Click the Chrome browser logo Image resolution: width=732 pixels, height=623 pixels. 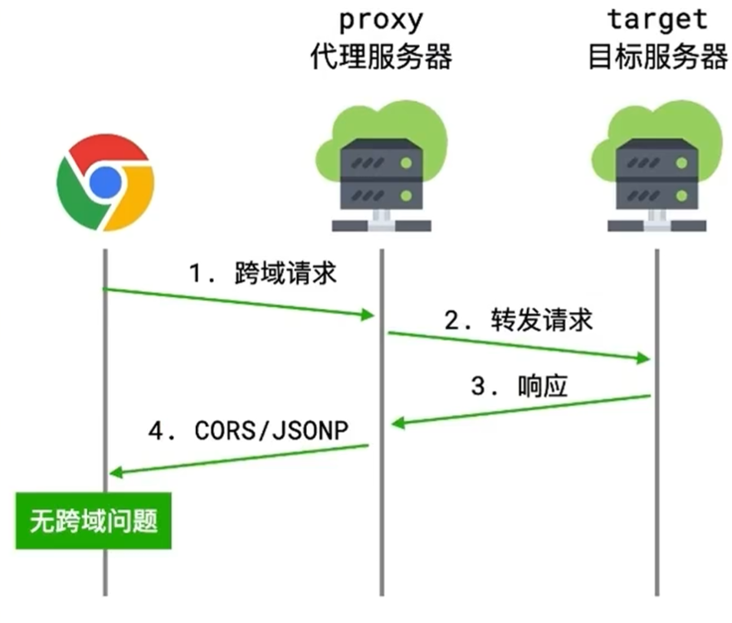(105, 182)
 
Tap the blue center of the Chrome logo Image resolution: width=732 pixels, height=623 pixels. (105, 182)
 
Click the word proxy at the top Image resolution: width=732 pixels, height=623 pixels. (381, 18)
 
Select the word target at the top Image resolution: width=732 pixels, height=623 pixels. (656, 18)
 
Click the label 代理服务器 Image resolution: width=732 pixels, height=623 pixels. (381, 56)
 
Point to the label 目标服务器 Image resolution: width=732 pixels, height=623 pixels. (656, 56)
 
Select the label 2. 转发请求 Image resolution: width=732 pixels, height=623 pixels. (519, 320)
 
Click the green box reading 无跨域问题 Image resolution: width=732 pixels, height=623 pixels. (93, 522)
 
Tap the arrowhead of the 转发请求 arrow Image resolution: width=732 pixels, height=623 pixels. (642, 358)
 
